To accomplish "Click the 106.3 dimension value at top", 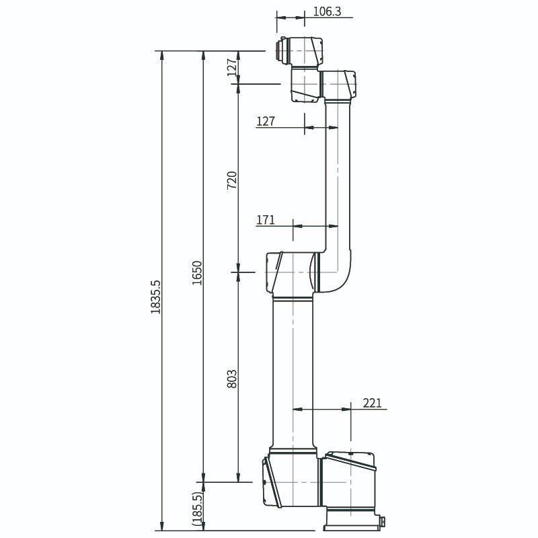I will tap(328, 11).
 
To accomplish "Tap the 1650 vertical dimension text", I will tap(197, 272).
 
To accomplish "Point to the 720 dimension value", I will tap(232, 180).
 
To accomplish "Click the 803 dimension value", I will tap(232, 381).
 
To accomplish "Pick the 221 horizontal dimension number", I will tap(372, 403).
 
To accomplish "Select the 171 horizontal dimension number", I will tap(266, 220).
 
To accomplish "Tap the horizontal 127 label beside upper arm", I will tap(266, 121).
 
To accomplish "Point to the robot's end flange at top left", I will tap(281, 51).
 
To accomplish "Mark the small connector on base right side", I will tap(382, 521).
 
